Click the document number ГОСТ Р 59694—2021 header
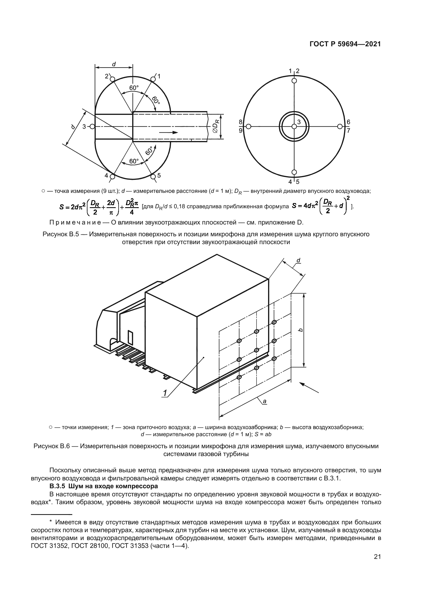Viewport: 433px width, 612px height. coord(345,44)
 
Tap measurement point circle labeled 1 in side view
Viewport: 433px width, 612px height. coord(153,80)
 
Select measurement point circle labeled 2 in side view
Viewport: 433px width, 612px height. coord(112,80)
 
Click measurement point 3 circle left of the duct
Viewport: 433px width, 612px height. coord(92,127)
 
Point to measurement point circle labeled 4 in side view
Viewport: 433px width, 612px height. coord(112,177)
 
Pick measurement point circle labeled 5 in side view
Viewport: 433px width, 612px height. coord(153,177)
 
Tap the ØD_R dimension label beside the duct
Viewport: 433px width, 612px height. coord(216,127)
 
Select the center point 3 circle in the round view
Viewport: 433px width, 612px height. coord(294,127)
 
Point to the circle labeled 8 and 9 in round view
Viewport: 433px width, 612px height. coord(248,127)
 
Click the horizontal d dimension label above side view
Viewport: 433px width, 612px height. coord(114,64)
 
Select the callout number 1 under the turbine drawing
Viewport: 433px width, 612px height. coord(165,393)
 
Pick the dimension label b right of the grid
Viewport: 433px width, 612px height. coord(301,330)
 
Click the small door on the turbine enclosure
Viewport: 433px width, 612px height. coord(130,338)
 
